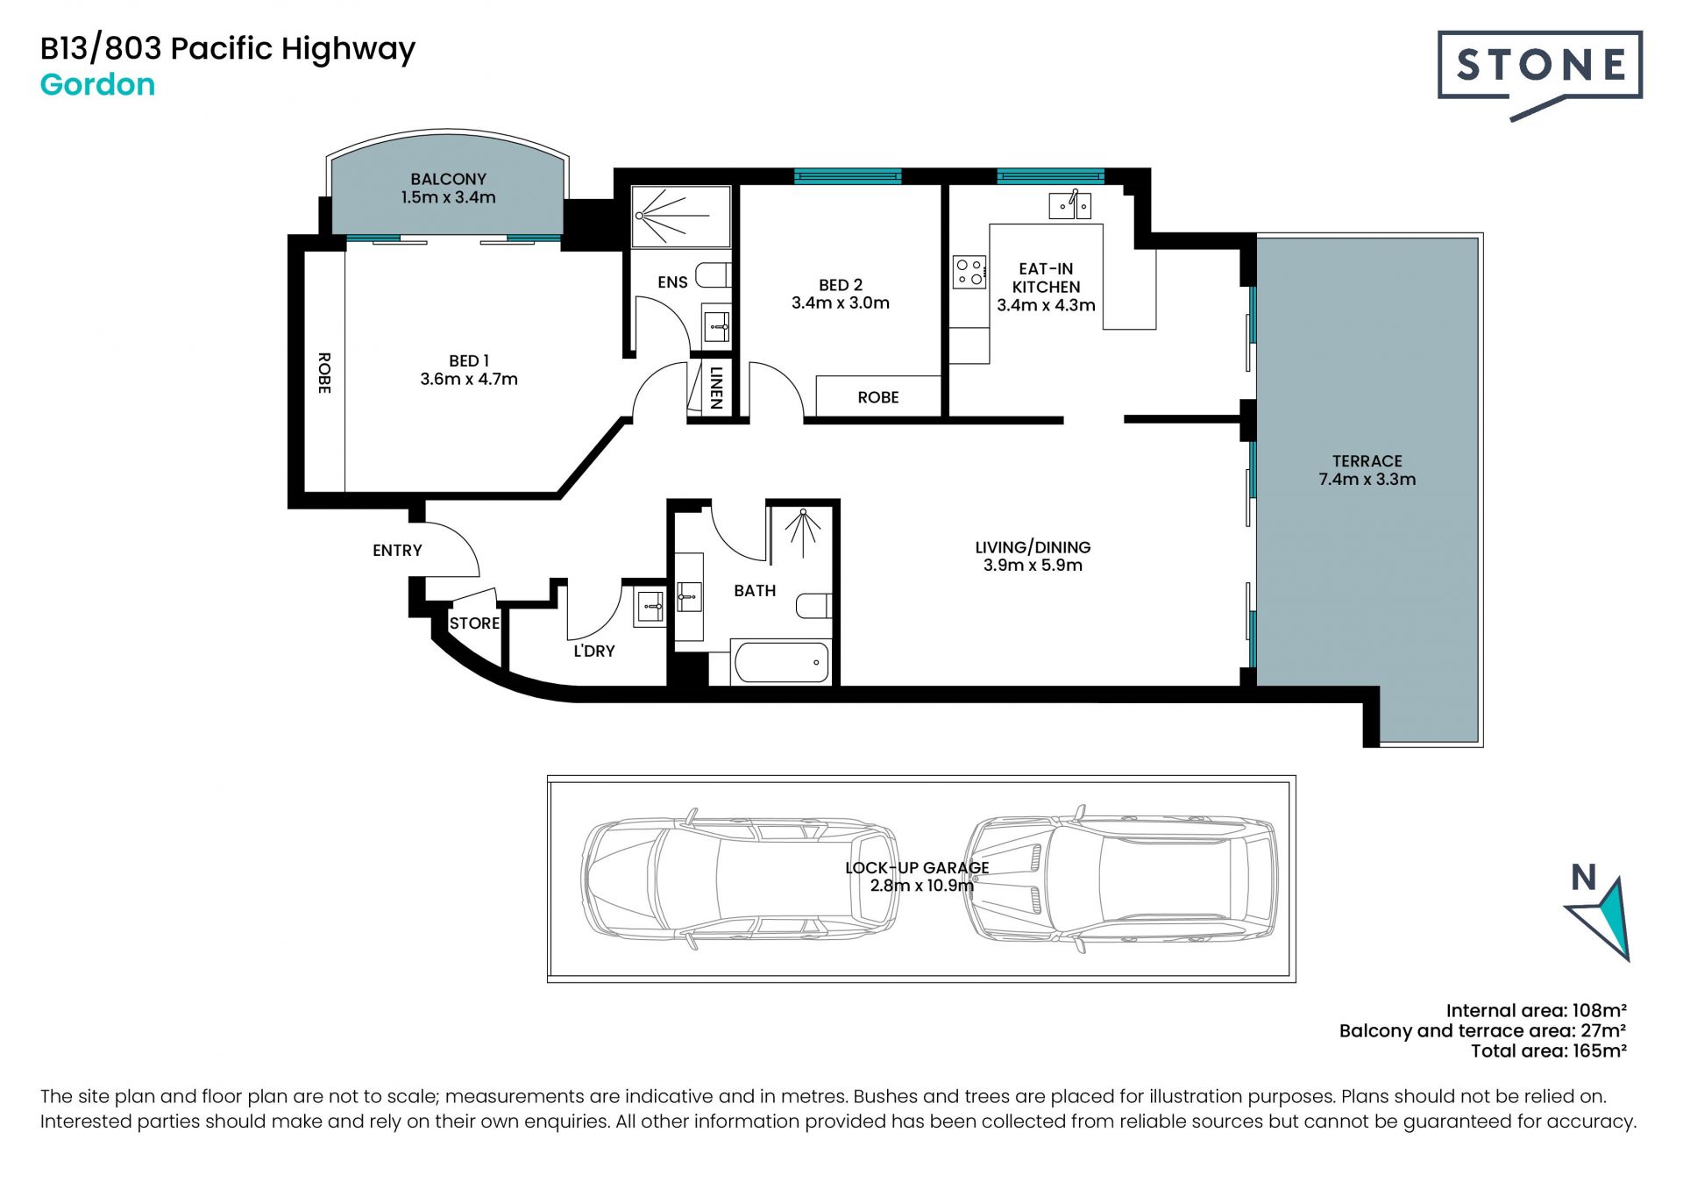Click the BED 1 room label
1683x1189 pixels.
469,360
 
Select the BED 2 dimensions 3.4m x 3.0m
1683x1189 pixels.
841,303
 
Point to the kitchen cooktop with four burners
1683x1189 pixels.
969,272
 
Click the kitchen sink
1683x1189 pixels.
1070,205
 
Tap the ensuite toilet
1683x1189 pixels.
714,275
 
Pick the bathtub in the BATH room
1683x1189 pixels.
781,662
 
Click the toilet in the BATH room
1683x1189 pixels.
813,605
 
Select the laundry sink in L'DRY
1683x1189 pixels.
650,606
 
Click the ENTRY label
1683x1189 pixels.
397,551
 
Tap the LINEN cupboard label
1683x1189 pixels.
716,388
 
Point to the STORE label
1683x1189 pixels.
474,623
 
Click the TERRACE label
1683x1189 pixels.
1367,461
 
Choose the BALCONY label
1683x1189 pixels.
448,179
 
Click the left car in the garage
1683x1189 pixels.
740,879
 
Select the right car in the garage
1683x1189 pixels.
1121,877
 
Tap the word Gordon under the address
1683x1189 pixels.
98,85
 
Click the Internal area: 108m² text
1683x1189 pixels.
1537,1010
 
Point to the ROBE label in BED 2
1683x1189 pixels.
878,397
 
